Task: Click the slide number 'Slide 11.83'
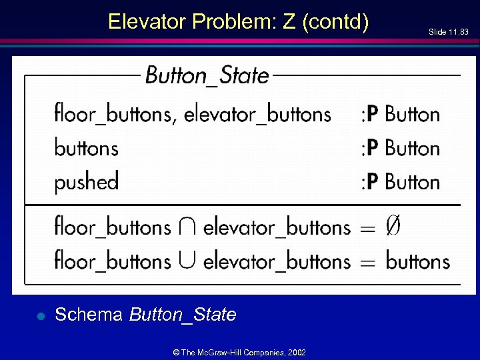point(449,31)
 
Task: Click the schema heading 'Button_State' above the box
point(207,75)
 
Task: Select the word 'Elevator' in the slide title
point(147,22)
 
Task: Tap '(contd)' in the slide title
point(335,22)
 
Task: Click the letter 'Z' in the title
point(289,22)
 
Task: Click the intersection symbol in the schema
point(187,228)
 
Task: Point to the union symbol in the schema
point(187,261)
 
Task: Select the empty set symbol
point(393,227)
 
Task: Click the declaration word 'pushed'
point(87,181)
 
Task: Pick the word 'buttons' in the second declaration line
point(87,147)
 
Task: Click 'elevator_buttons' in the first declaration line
point(257,114)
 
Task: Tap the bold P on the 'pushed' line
point(373,181)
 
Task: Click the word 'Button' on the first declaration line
point(413,114)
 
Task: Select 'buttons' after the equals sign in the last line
point(417,261)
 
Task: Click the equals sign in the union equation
point(368,262)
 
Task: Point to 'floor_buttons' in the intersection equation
point(113,227)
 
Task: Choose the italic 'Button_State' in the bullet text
point(183,315)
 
